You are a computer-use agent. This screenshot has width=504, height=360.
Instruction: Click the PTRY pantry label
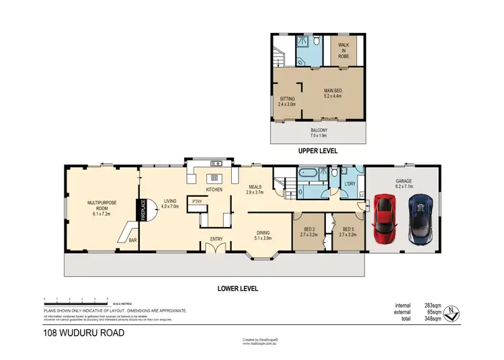point(196,201)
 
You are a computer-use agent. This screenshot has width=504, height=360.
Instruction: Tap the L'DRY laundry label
point(349,183)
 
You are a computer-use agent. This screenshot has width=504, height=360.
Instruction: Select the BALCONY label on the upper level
point(320,132)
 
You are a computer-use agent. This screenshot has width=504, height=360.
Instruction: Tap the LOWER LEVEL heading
point(237,288)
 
